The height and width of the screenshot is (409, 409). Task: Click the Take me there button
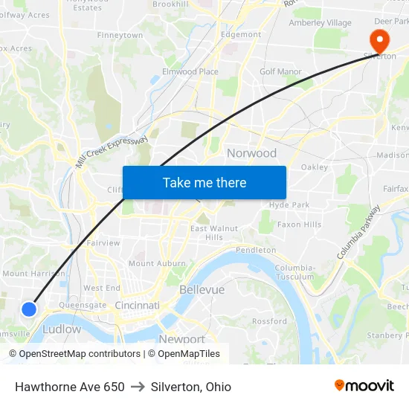tap(204, 182)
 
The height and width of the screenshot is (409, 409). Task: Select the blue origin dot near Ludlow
tap(29, 309)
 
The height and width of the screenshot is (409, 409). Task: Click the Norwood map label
tap(251, 153)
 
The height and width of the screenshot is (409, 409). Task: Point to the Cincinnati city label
tap(137, 306)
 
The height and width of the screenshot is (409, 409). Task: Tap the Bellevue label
tap(202, 289)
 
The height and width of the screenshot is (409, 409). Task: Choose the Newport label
tap(181, 339)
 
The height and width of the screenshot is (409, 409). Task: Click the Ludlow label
tap(62, 329)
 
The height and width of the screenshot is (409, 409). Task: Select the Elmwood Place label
tap(190, 72)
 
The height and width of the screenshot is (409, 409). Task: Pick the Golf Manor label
tap(280, 71)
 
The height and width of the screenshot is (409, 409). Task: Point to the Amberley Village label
tap(320, 23)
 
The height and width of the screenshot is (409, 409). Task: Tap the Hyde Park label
tap(289, 204)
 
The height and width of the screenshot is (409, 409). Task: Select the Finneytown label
tap(120, 35)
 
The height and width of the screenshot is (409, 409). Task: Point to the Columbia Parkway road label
tap(358, 232)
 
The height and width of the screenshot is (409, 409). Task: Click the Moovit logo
tap(364, 386)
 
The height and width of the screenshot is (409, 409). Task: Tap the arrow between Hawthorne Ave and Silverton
tap(138, 387)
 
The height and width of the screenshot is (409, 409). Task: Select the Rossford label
tap(269, 321)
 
